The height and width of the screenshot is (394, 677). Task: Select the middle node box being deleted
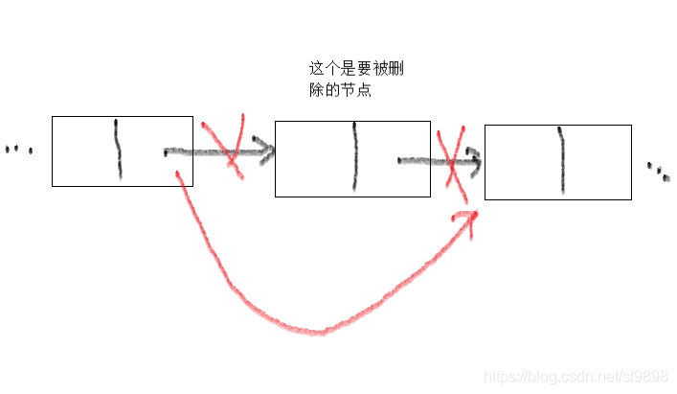click(x=316, y=159)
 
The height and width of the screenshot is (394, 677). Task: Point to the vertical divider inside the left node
click(x=118, y=150)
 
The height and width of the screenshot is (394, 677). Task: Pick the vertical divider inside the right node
click(x=562, y=160)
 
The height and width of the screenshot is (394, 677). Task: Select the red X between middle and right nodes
click(x=456, y=161)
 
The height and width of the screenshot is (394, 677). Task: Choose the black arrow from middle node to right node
click(x=426, y=161)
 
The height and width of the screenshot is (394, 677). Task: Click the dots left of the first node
click(x=18, y=149)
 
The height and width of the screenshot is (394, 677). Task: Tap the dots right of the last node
click(x=658, y=172)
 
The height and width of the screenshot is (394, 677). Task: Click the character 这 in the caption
click(x=316, y=69)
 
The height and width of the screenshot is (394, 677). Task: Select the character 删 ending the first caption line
click(x=407, y=69)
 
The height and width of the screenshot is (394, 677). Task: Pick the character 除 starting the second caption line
click(x=316, y=90)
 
